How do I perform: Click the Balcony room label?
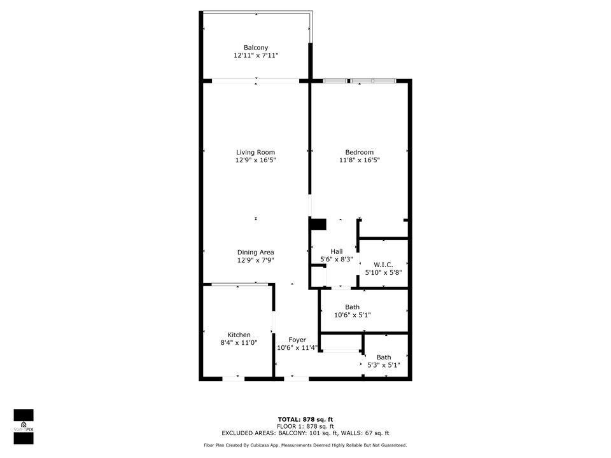pyautogui.click(x=256, y=48)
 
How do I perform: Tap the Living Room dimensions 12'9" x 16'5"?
pyautogui.click(x=256, y=160)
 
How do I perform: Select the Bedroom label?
pyautogui.click(x=359, y=152)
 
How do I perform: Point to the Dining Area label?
pyautogui.click(x=256, y=253)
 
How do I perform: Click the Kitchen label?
pyautogui.click(x=239, y=335)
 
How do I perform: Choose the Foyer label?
pyautogui.click(x=297, y=340)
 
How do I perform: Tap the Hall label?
pyautogui.click(x=337, y=251)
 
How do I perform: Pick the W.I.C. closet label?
pyautogui.click(x=383, y=265)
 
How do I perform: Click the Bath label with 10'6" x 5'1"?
pyautogui.click(x=352, y=307)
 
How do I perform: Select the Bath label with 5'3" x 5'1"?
pyautogui.click(x=384, y=357)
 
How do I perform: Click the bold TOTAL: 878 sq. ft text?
pyautogui.click(x=305, y=419)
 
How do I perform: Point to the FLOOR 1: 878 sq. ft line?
pyautogui.click(x=305, y=426)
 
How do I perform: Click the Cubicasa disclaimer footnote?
pyautogui.click(x=305, y=445)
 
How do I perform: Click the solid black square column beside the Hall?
pyautogui.click(x=318, y=224)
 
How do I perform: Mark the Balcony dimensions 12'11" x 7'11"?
pyautogui.click(x=256, y=56)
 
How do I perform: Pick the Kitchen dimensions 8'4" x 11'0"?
pyautogui.click(x=239, y=343)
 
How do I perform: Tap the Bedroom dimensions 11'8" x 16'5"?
pyautogui.click(x=359, y=160)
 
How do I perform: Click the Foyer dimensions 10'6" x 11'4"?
pyautogui.click(x=297, y=348)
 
